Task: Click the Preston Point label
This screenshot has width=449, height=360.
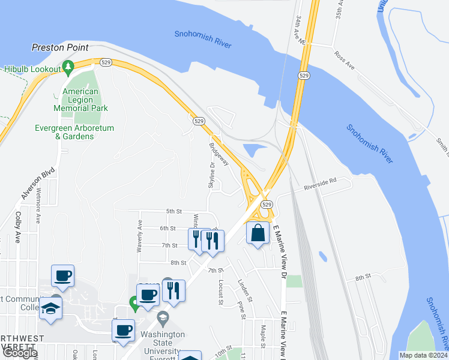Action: pos(60,47)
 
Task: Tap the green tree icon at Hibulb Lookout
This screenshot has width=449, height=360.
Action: pos(68,66)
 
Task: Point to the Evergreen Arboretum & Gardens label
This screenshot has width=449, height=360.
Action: pos(74,132)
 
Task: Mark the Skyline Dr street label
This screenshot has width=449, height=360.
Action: pos(211,175)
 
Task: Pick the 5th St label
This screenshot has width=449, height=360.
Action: pos(173,211)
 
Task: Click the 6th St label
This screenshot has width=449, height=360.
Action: pos(167,228)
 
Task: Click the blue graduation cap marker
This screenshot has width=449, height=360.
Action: pos(51,309)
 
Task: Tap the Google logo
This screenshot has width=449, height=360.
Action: pos(19,353)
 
